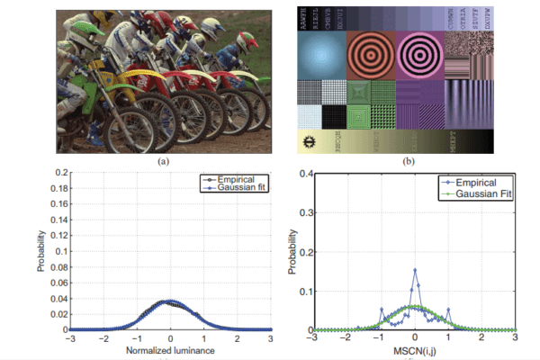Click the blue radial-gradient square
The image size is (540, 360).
[319, 56]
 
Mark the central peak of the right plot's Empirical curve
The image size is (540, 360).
[414, 269]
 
